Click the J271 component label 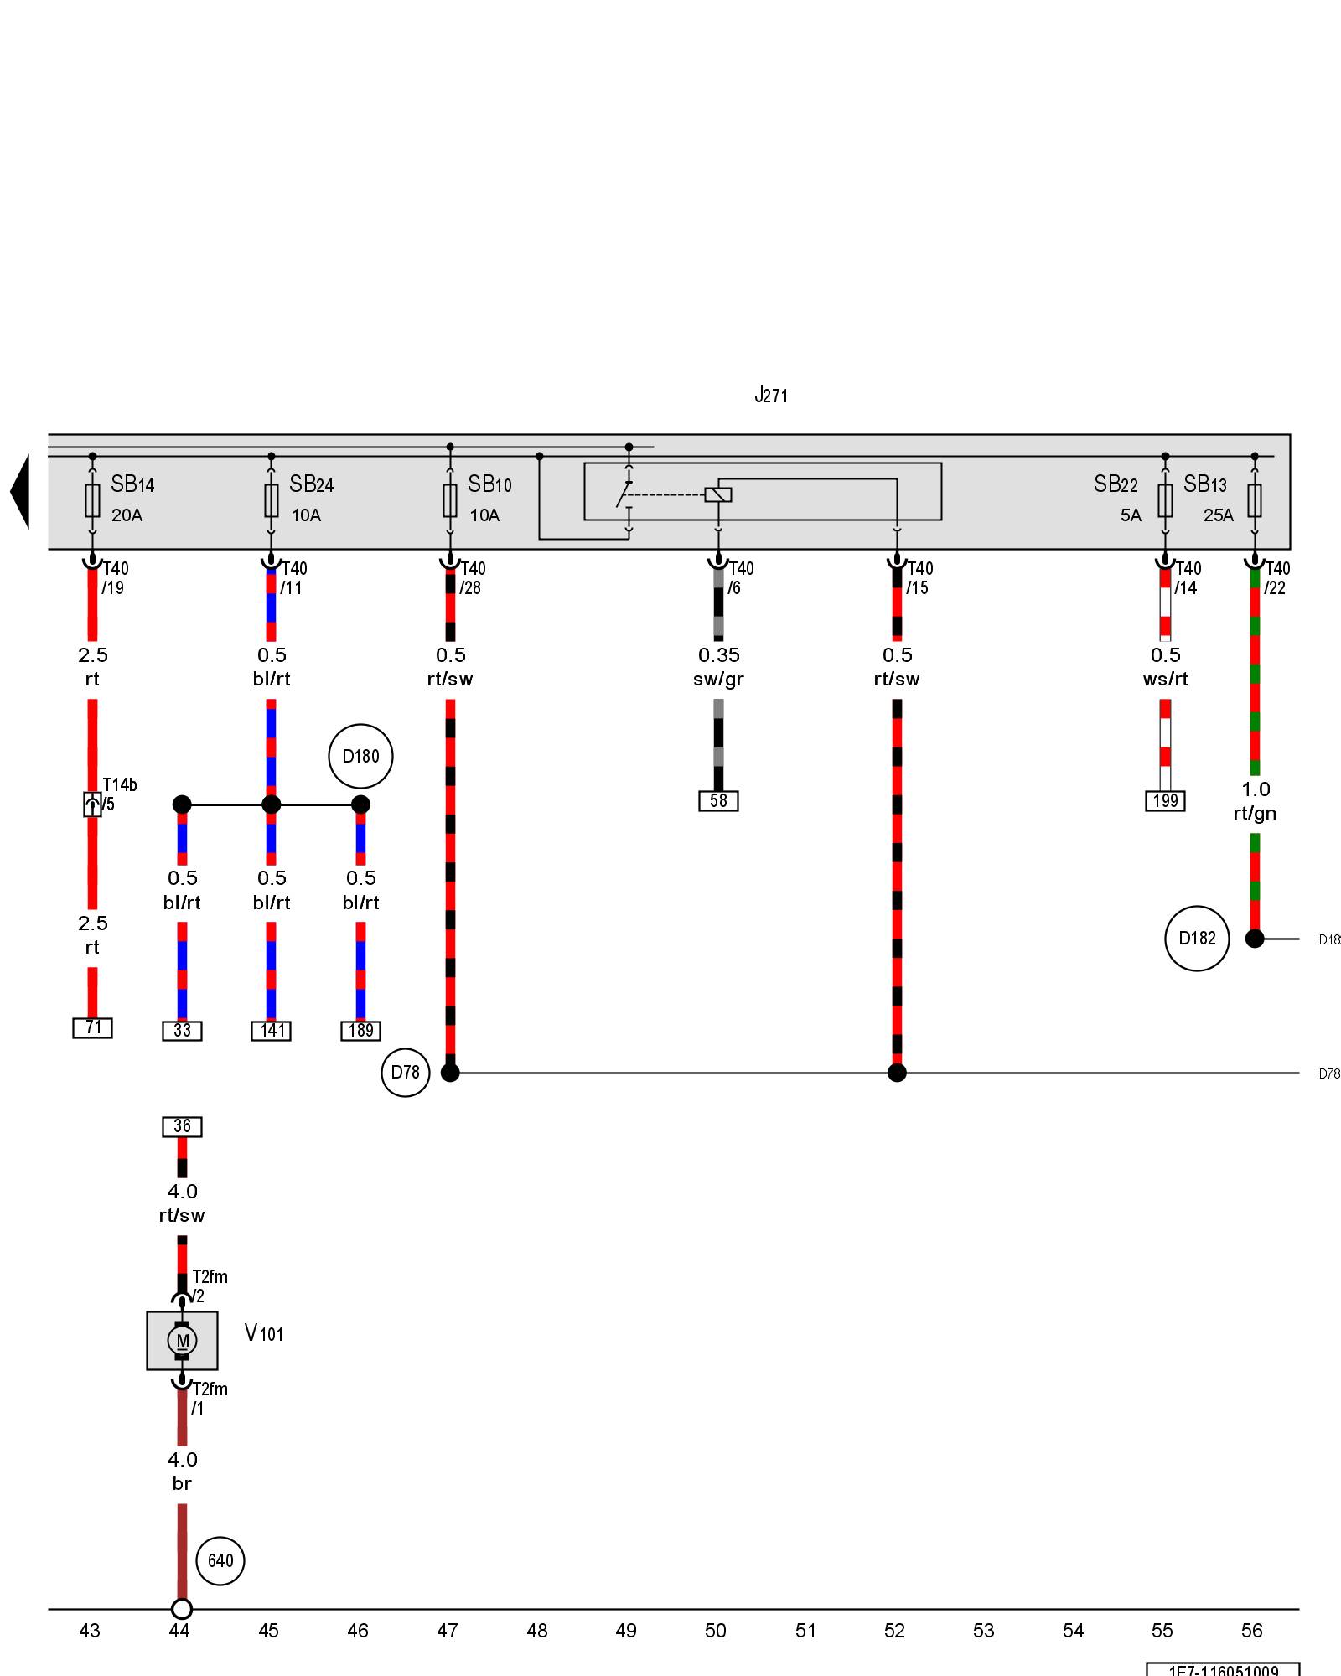point(771,395)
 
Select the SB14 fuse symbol point(92,500)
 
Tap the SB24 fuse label point(311,484)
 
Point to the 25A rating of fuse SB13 point(1218,515)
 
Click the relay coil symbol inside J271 point(718,494)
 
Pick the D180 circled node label point(360,757)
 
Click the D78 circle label point(406,1073)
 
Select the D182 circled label point(1197,939)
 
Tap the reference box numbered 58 point(718,801)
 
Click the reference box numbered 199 point(1165,801)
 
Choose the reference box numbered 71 point(92,1027)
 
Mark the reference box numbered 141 point(272,1031)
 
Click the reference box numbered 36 point(182,1127)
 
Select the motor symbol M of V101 point(182,1341)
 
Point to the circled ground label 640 point(220,1561)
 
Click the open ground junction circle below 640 point(182,1609)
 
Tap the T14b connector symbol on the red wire point(92,804)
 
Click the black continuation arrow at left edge point(20,492)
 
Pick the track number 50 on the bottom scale point(715,1631)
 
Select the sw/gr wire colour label point(718,680)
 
